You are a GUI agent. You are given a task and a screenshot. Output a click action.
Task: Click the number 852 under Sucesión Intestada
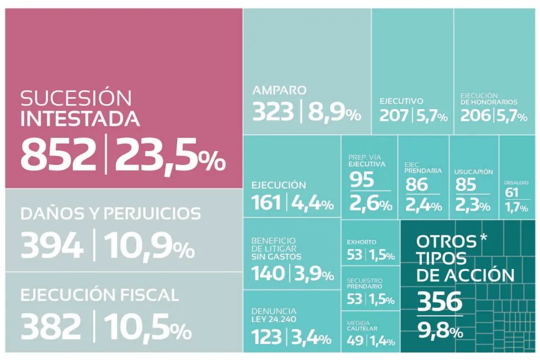pos(58,154)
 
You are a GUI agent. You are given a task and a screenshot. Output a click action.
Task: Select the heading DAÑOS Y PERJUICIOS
pos(110,213)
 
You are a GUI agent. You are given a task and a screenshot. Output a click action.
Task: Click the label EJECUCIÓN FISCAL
pos(100,295)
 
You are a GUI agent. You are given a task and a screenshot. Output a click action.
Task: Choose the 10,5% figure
pos(148,327)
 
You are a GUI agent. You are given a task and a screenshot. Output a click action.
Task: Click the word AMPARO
pos(279,90)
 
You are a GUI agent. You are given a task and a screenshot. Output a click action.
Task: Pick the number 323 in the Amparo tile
pos(273,112)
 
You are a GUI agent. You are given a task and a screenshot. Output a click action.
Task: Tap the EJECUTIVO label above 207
pos(401,101)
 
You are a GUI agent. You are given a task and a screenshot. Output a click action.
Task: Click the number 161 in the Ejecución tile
pos(267,203)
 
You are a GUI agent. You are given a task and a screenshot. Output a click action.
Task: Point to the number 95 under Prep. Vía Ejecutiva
pos(362,180)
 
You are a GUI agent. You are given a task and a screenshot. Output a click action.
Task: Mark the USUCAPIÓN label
pos(473,171)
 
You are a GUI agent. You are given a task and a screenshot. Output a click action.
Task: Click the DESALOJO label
pos(516,182)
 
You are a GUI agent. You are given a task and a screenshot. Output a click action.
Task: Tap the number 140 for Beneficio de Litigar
pos(268,273)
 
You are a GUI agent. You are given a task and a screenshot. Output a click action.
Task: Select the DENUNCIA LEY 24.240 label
pos(274,315)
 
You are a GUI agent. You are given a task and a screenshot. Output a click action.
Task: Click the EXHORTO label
pos(362,241)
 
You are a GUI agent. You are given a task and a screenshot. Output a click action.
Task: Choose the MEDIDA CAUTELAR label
pos(362,325)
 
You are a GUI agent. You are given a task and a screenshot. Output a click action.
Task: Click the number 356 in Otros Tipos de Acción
pos(439,302)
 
